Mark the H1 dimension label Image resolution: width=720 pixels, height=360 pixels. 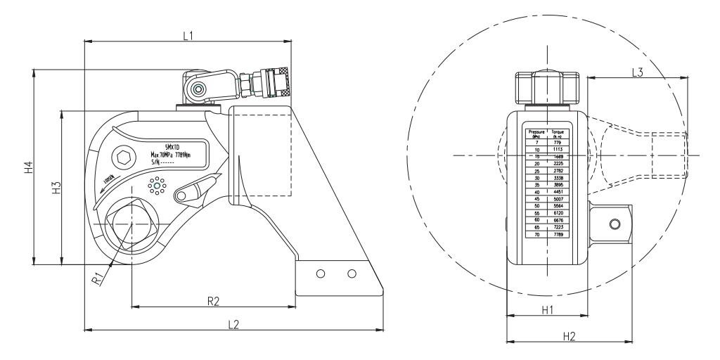point(547,309)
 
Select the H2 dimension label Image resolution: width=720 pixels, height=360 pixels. point(569,336)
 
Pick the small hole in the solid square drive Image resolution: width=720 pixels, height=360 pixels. point(616,224)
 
